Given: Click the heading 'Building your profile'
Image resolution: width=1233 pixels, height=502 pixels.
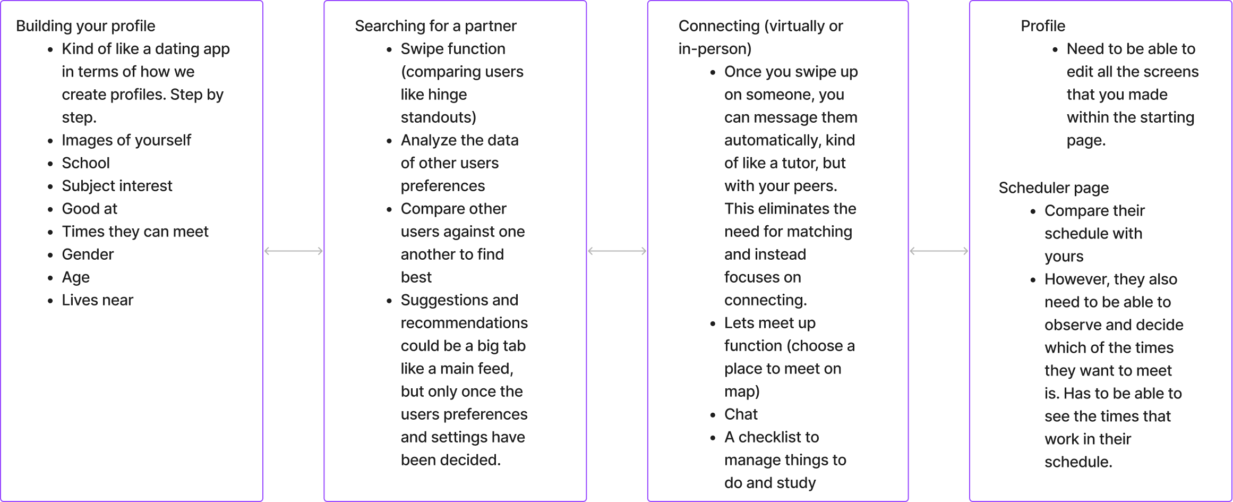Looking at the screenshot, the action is pos(85,26).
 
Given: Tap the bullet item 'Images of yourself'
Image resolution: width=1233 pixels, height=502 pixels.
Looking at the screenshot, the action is pos(126,140).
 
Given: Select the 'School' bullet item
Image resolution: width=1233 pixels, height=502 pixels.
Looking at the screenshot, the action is pos(85,163).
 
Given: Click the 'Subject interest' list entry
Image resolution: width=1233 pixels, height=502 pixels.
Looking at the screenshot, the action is pos(117,186).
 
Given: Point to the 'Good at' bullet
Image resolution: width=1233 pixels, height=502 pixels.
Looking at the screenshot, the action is pos(89,209).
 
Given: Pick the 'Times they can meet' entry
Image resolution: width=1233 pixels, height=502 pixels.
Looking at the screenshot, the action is pos(135,232).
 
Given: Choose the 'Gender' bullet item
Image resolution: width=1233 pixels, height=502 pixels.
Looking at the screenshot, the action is pos(88,254).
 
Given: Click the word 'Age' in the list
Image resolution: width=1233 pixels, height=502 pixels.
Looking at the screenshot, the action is pos(75,277).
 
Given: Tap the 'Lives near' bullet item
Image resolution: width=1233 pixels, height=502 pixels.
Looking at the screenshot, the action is pos(97,300).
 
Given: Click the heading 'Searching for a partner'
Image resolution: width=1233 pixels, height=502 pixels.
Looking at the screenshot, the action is pos(435,26).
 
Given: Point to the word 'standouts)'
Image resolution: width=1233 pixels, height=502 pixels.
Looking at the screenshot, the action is pos(438,117).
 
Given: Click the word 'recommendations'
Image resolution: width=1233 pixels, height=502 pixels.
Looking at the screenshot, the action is pos(464,323).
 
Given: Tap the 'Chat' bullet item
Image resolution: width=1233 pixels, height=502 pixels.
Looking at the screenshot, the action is pos(741,414).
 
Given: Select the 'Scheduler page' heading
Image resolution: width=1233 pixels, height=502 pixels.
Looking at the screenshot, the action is pos(1054,188).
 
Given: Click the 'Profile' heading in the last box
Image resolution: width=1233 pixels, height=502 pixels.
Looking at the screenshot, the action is pos(1042,26).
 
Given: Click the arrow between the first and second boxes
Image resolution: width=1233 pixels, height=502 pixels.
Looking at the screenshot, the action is pos(294,251).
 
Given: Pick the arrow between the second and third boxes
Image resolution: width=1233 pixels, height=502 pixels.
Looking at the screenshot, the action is pos(617,251).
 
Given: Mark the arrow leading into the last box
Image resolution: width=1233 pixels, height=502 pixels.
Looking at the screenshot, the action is pos(939,251).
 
